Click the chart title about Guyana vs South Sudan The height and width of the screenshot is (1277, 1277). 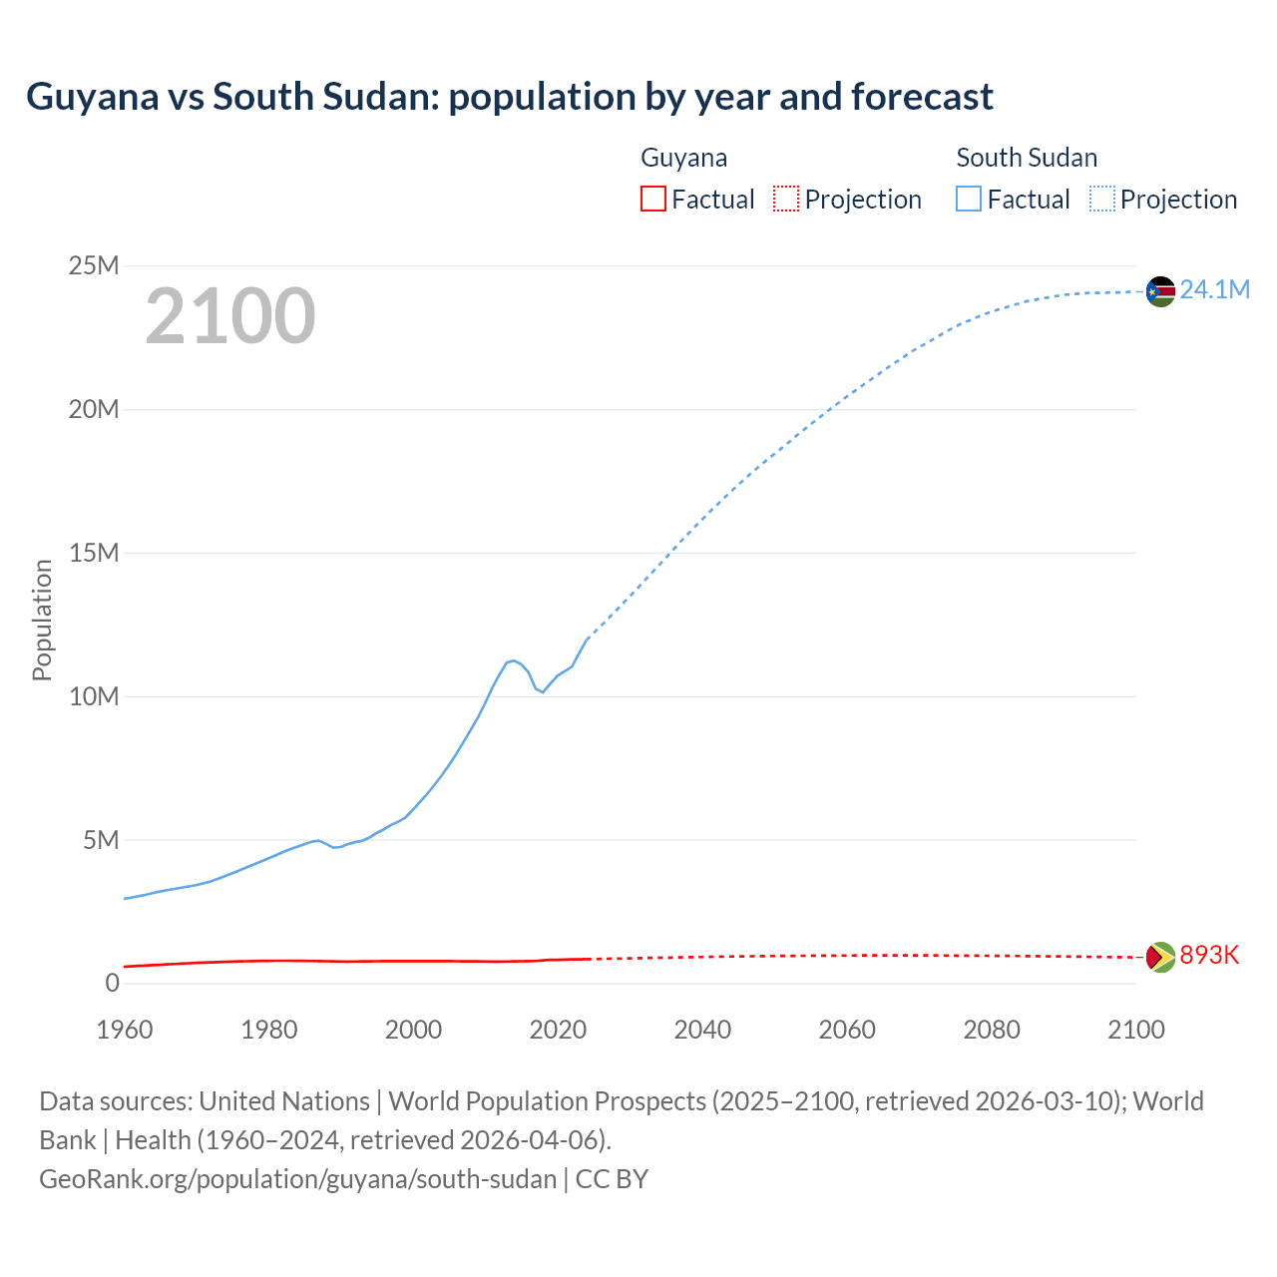click(509, 97)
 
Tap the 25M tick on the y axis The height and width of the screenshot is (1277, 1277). click(94, 266)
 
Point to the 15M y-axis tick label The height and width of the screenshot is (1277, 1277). click(94, 553)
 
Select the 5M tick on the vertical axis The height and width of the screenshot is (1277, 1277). click(101, 840)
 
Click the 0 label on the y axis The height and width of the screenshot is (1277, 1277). click(112, 984)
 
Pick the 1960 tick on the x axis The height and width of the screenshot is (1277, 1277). click(125, 1030)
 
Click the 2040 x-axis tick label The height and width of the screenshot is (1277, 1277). click(702, 1030)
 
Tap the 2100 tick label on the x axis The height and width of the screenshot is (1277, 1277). click(1135, 1030)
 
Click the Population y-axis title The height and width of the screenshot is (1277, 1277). click(42, 620)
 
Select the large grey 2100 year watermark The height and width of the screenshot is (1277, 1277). click(230, 316)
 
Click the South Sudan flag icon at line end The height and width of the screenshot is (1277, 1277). click(1160, 291)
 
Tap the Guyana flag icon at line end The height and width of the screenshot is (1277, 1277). click(1160, 957)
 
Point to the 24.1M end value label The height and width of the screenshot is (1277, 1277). click(1214, 290)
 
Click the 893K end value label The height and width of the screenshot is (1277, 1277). click(1209, 956)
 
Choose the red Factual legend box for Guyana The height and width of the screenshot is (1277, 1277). click(652, 199)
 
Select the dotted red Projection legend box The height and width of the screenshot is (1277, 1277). click(786, 199)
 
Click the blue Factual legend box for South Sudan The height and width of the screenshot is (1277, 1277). click(969, 199)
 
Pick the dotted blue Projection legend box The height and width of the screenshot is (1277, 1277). click(1102, 199)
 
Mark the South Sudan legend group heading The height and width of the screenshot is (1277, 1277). click(1027, 158)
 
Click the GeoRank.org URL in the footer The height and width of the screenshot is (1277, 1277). click(297, 1179)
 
